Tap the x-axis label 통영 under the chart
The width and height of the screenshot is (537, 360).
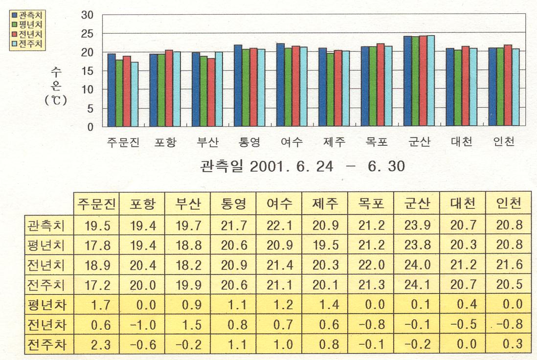pyautogui.click(x=250, y=142)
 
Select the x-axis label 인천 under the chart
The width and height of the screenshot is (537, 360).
pyautogui.click(x=504, y=142)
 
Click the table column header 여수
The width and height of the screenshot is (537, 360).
pyautogui.click(x=279, y=204)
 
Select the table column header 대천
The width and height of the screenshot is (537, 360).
pyautogui.click(x=462, y=204)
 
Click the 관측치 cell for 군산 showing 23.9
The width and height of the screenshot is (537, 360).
pyautogui.click(x=417, y=225)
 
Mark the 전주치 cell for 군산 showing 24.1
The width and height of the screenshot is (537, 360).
pyautogui.click(x=417, y=285)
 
